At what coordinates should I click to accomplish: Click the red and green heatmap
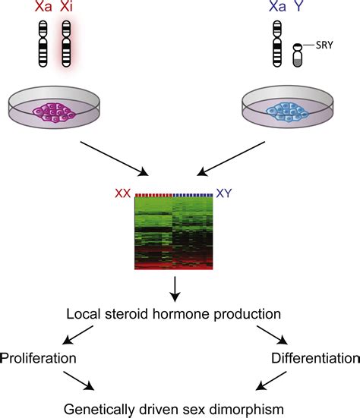[x=175, y=232]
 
